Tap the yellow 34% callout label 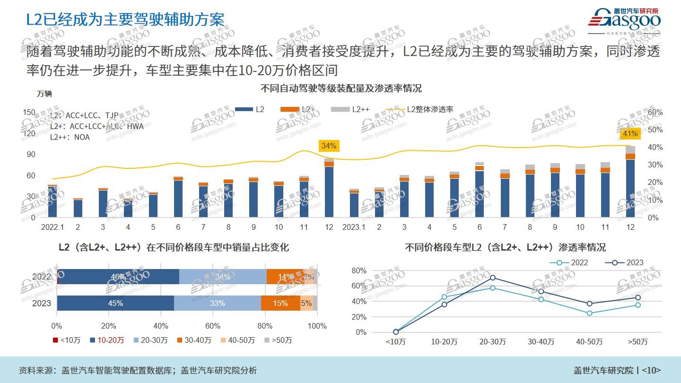point(329,146)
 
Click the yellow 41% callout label point(630,134)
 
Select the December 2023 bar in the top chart point(630,184)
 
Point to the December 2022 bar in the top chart point(329,189)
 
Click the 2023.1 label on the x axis point(354,227)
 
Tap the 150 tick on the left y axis point(29,112)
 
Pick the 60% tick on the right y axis point(655,112)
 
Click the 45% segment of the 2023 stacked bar point(115,303)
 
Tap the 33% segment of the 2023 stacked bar point(218,303)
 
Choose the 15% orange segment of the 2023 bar point(280,303)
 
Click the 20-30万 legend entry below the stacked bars point(150,340)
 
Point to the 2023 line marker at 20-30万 point(493,278)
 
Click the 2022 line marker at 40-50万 point(589,313)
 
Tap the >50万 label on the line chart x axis point(637,342)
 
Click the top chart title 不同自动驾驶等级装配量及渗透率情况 point(340,88)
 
